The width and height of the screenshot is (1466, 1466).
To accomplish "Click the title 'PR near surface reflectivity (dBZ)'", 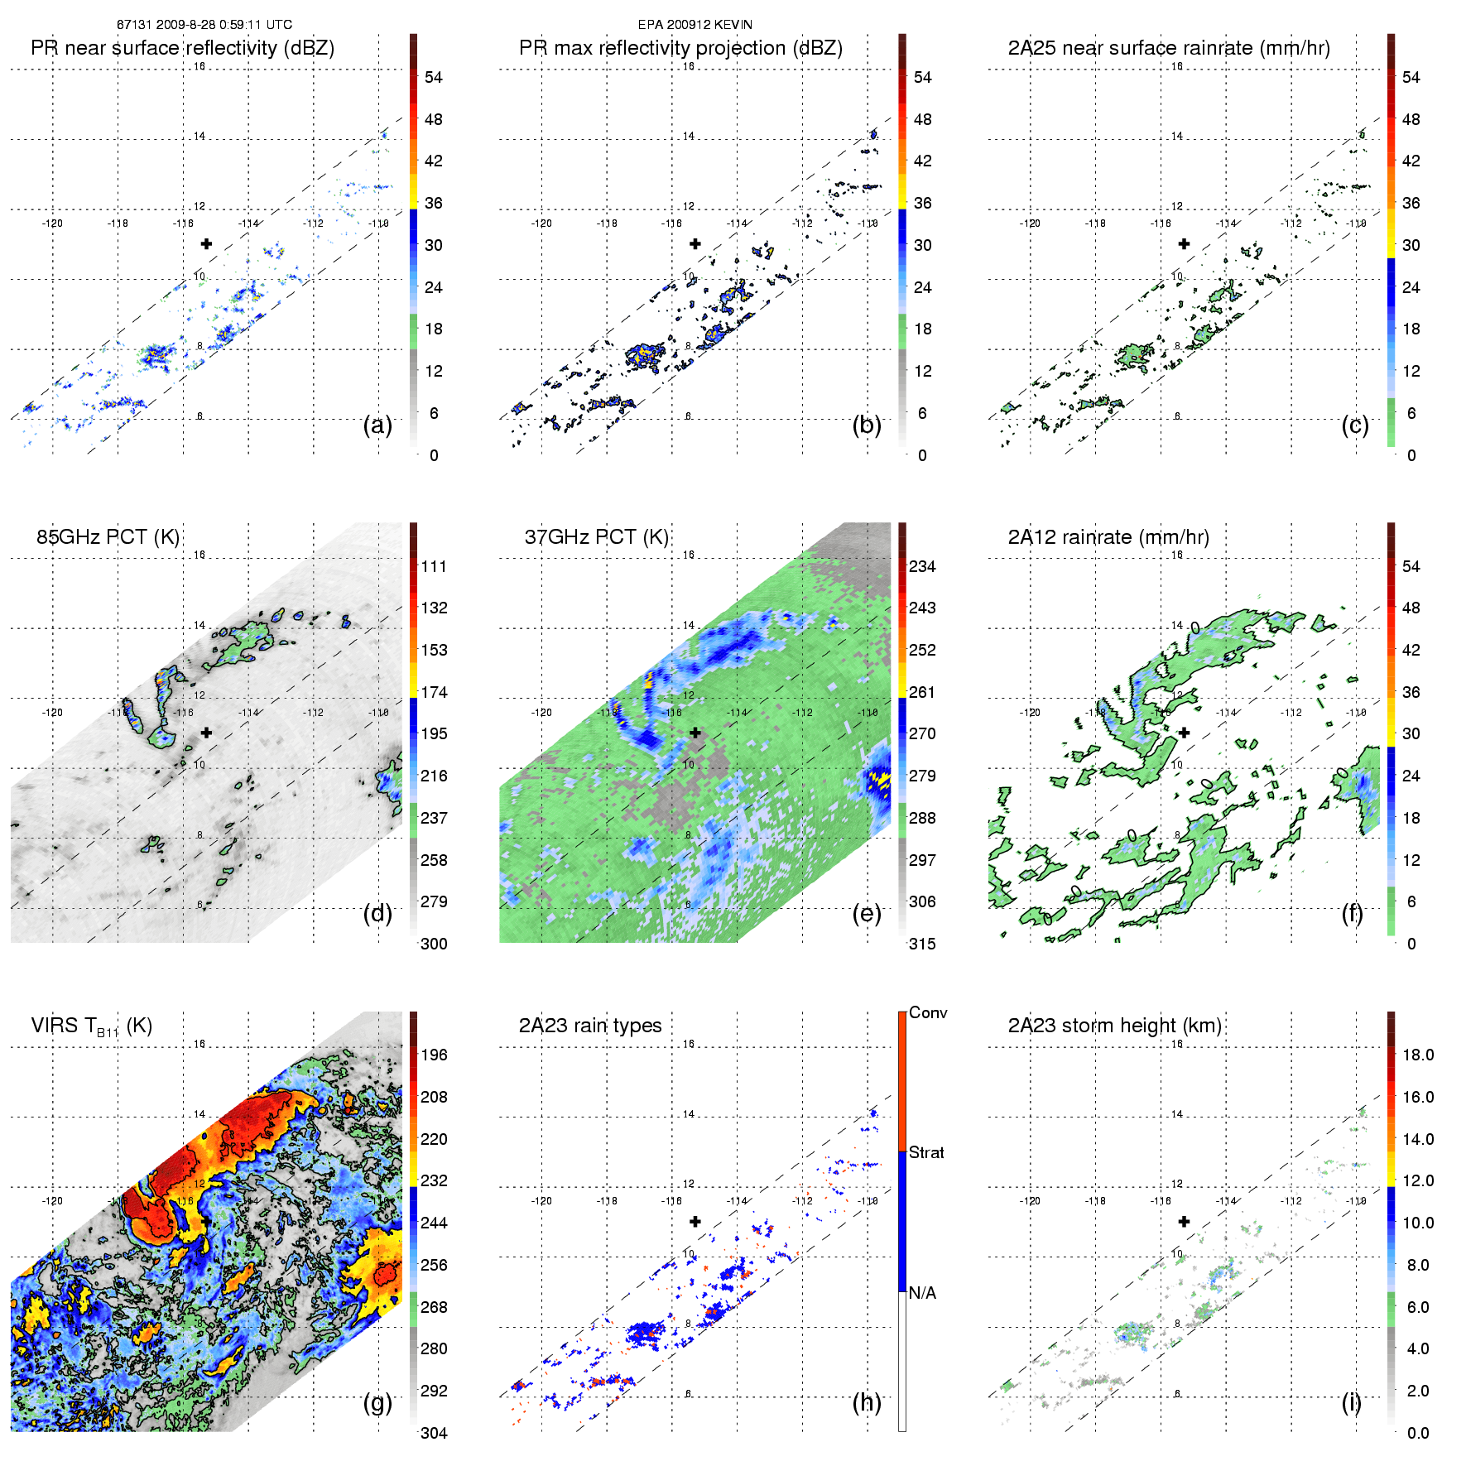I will coord(182,48).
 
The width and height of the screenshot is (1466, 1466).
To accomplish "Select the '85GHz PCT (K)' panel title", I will coord(108,537).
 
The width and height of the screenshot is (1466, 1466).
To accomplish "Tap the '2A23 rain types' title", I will coord(590,1026).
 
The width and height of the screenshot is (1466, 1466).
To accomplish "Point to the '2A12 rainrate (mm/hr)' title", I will coord(1108,537).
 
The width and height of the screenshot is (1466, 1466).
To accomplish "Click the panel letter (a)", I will coord(377,425).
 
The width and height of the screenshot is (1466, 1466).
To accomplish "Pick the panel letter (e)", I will coord(867,914).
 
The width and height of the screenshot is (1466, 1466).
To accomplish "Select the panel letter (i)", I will coord(1351,1402).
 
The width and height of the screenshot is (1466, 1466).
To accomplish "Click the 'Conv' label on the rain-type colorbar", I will coord(928,1012).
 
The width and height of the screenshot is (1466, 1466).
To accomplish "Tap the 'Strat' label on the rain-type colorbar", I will coord(926,1152).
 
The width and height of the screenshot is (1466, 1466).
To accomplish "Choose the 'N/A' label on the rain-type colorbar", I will coord(922,1293).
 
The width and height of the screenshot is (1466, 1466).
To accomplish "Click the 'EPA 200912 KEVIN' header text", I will coord(695,25).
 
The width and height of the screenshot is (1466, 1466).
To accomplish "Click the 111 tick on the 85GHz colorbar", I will coord(434,566).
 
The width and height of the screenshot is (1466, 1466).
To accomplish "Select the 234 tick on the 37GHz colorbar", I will coord(922,566).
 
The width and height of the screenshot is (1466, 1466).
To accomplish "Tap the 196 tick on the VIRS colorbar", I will coord(434,1055).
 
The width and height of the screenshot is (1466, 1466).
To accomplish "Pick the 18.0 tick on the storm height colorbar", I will coord(1418,1055).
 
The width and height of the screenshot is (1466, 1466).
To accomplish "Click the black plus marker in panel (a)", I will coord(206,243).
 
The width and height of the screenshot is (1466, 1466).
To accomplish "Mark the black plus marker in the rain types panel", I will coord(695,1221).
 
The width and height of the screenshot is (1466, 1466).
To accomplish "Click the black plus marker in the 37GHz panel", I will coord(695,733).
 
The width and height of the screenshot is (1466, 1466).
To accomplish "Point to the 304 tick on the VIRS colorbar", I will coord(434,1433).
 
